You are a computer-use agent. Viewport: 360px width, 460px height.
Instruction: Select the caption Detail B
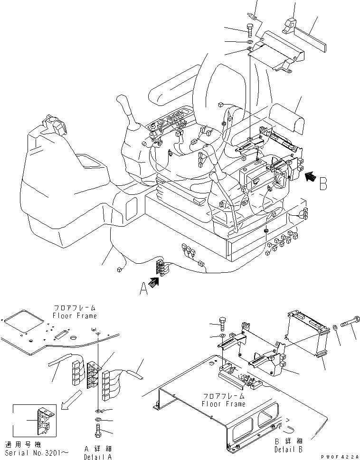point(288,450)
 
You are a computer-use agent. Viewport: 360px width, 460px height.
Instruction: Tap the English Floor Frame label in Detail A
point(75,316)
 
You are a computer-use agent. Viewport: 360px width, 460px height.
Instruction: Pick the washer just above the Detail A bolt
point(97,420)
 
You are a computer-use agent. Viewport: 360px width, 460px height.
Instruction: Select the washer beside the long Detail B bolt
point(335,327)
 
